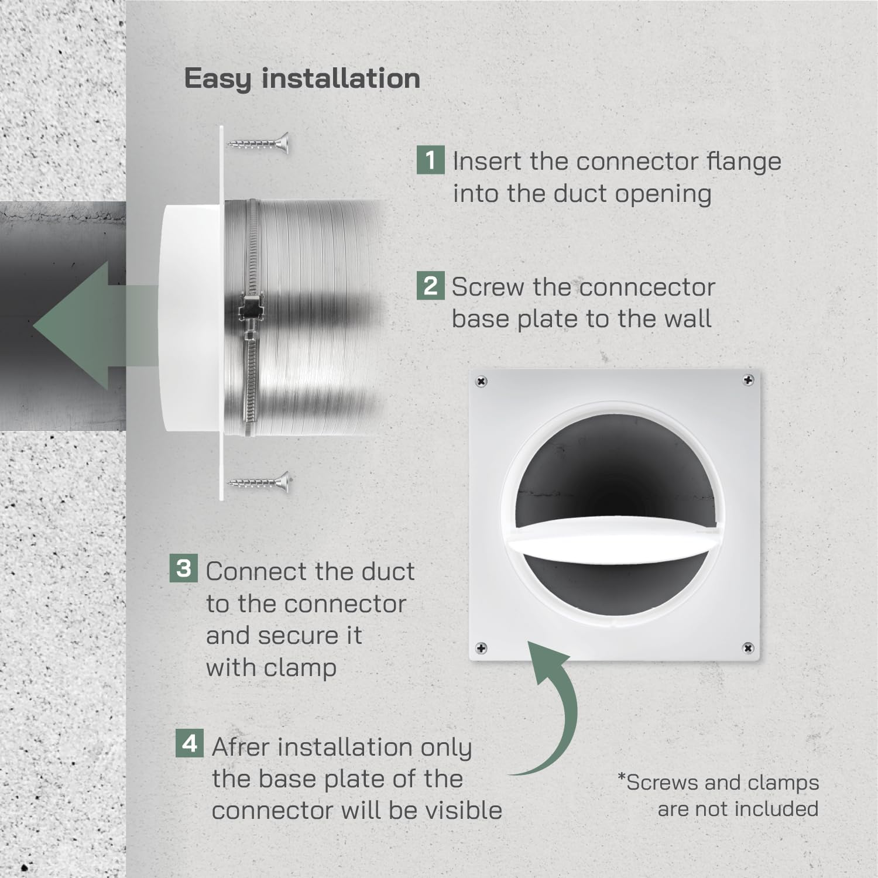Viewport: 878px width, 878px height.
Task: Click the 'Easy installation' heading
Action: [302, 79]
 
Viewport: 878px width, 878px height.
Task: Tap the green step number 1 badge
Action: [430, 160]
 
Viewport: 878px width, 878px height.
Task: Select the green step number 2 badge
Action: [430, 286]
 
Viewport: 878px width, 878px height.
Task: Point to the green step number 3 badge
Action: [183, 568]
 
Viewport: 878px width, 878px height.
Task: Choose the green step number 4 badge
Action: [190, 743]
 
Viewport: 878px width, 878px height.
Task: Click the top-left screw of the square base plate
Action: [481, 382]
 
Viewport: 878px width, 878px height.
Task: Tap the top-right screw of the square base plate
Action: [747, 380]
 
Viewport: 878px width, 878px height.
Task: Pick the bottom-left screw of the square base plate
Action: [481, 648]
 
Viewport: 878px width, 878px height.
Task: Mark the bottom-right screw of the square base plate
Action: [747, 648]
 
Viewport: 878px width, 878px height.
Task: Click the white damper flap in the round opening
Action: [615, 536]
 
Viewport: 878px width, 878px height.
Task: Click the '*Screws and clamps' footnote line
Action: [718, 783]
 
